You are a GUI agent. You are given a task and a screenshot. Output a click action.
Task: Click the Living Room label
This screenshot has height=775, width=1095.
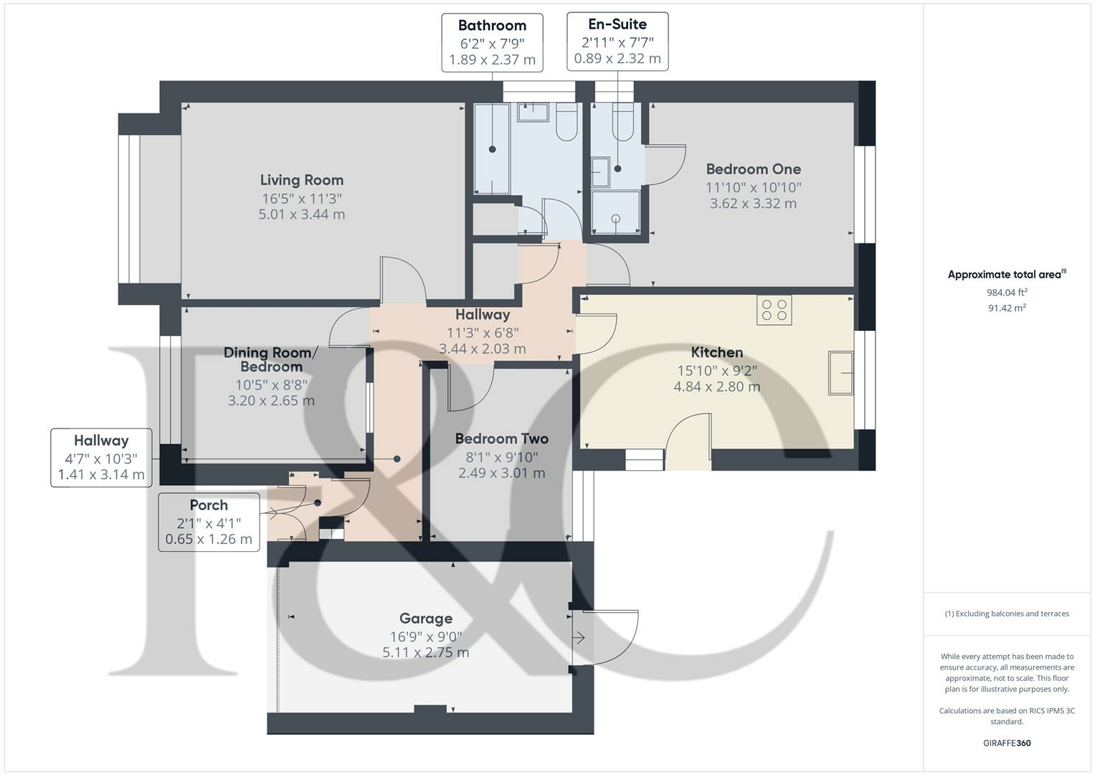coord(301,180)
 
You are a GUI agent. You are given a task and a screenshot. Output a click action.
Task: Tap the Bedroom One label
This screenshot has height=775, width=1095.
coord(753,169)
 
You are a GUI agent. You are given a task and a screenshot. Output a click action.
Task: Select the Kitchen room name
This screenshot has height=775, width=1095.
coord(716,352)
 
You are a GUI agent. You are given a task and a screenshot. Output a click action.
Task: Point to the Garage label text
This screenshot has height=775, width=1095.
coord(425,619)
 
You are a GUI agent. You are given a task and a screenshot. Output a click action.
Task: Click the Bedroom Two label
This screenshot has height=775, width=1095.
coord(501,438)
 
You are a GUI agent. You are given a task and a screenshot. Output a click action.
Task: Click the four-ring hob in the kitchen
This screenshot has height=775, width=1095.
coord(774,310)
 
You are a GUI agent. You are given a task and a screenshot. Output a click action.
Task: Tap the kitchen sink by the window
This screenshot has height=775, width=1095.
coord(840,372)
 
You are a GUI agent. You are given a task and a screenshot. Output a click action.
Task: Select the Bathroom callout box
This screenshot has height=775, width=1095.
coord(492,42)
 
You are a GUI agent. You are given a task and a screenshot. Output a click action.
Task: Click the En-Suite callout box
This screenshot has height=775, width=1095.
coord(617,41)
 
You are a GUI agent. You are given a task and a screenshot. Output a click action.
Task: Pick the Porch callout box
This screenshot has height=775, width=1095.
coord(209,522)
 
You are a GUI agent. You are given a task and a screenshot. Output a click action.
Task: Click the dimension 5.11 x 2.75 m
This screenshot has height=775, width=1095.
coord(425,653)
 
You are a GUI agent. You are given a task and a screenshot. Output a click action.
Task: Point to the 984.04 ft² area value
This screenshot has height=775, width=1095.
coord(1006,292)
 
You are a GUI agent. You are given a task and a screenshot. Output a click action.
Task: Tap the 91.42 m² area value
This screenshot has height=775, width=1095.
coord(1006,308)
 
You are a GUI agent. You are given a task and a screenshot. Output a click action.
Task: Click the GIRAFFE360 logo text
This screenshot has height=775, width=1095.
coord(1006,743)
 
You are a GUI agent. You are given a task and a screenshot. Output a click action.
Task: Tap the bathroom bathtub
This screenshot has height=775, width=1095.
coord(492,149)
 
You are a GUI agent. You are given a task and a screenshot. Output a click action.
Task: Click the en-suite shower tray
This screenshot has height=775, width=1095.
coord(615,212)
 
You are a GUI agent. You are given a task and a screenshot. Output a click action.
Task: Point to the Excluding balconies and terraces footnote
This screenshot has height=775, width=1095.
coord(1006,614)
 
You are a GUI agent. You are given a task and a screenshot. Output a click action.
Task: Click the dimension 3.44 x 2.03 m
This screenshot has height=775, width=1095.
coord(482,349)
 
